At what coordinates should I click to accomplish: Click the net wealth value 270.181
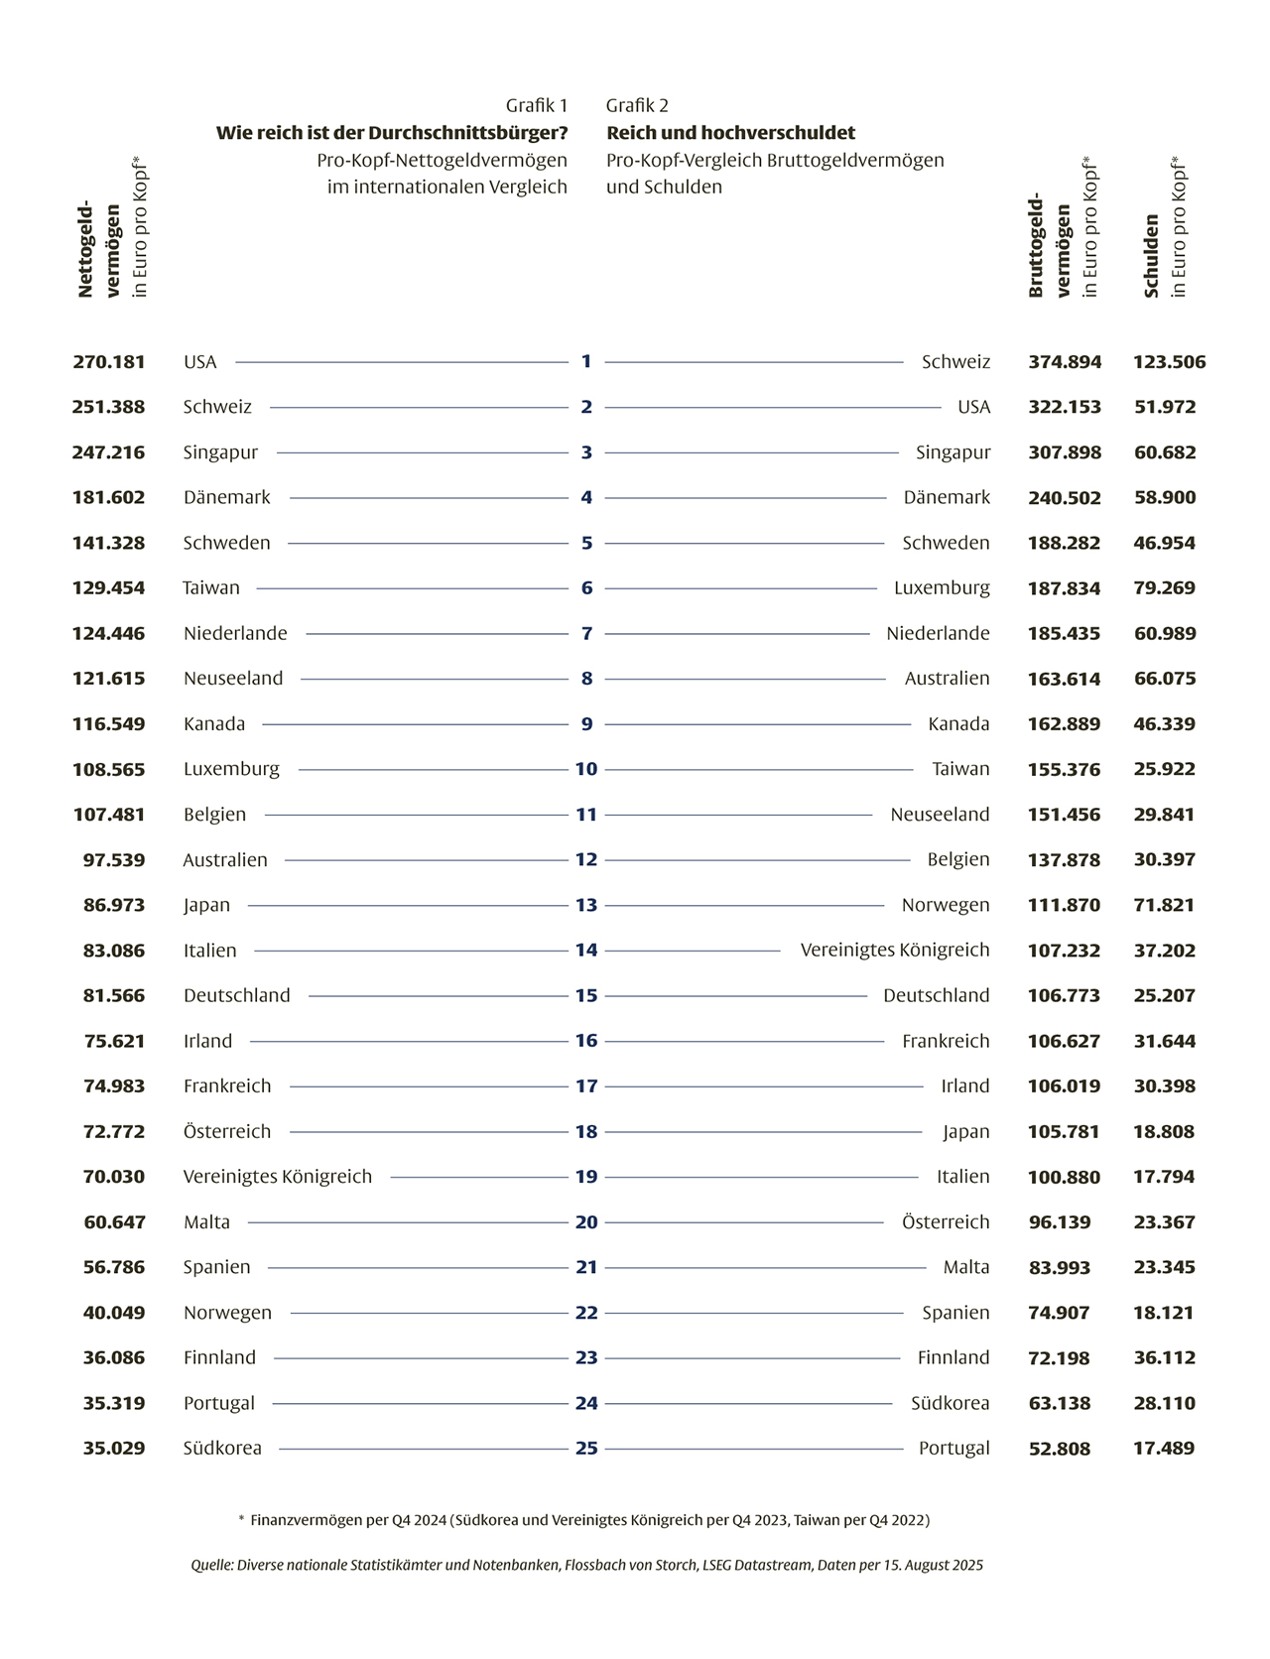click(109, 362)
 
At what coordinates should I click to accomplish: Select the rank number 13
click(586, 905)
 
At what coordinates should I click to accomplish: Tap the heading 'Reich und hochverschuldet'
click(730, 133)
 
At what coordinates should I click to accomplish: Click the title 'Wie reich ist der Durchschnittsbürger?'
click(392, 133)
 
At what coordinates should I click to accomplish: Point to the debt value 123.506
click(1170, 362)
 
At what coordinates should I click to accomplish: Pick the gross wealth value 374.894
click(1065, 362)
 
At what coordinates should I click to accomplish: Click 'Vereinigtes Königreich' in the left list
click(278, 1177)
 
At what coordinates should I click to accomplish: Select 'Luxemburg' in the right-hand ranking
click(942, 588)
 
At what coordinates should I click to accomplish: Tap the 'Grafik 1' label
click(537, 106)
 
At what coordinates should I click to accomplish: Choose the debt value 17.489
click(1164, 1449)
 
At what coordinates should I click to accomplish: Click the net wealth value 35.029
click(114, 1449)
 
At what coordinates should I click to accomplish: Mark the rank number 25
click(586, 1449)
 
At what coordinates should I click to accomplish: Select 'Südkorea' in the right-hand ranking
click(951, 1403)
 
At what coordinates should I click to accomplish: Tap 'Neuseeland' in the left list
click(233, 679)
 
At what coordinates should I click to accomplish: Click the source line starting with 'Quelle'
click(586, 1566)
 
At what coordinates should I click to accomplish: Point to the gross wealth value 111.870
click(1065, 905)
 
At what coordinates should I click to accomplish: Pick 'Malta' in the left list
click(206, 1222)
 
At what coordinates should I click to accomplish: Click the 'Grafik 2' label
click(637, 106)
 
